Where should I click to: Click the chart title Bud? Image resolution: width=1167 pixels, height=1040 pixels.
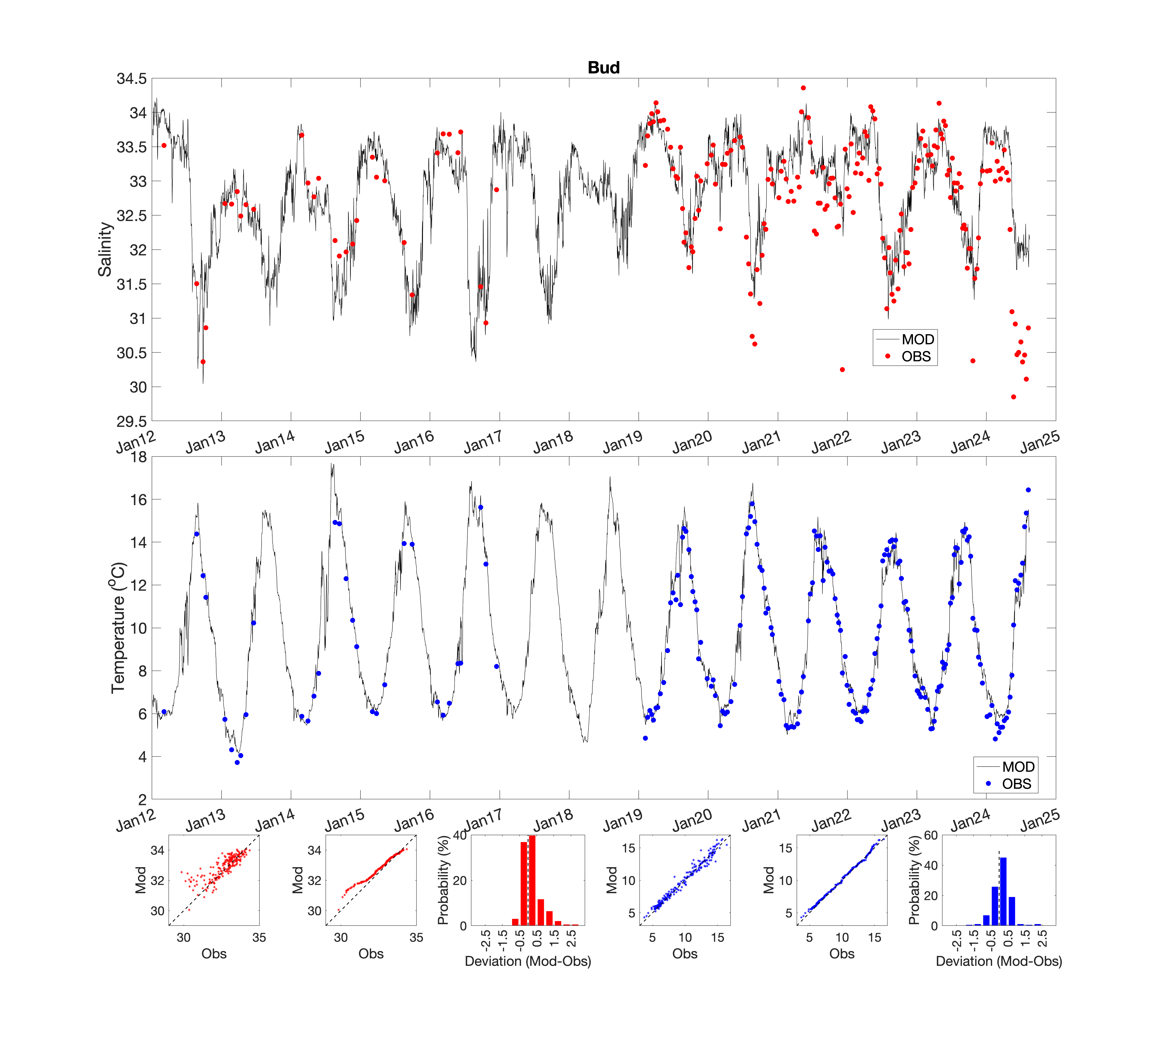coord(603,67)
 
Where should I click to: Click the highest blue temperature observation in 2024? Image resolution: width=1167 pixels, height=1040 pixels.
coord(1028,490)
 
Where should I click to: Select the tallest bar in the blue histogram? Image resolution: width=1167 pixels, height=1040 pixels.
coord(1003,891)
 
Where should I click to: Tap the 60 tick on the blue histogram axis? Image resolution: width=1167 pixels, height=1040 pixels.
coord(930,835)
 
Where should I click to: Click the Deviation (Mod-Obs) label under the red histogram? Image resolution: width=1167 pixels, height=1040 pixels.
coord(528,961)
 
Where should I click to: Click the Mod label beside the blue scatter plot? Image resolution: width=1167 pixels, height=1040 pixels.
coord(612,880)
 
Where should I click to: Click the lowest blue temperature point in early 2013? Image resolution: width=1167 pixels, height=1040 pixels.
coord(237,762)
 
